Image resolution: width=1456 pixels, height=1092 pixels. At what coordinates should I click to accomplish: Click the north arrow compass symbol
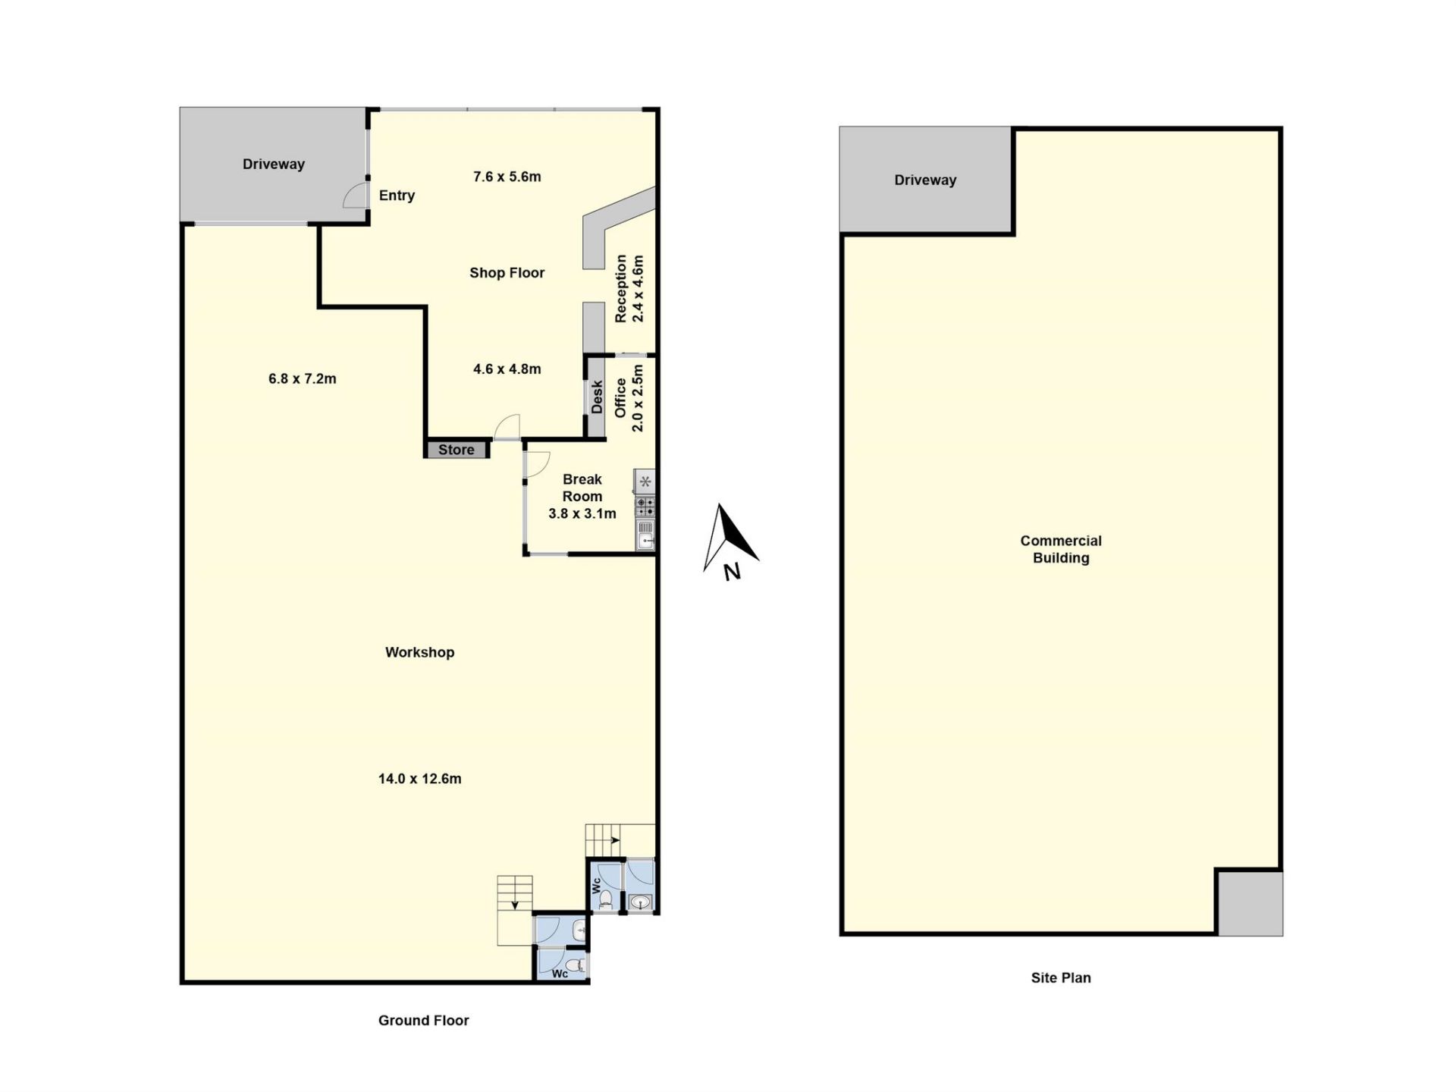(x=730, y=541)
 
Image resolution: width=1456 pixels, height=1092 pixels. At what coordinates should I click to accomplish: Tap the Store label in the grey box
(x=456, y=450)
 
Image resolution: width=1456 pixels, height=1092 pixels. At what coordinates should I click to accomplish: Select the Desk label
(x=597, y=397)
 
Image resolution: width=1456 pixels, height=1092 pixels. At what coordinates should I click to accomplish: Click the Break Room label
(x=582, y=488)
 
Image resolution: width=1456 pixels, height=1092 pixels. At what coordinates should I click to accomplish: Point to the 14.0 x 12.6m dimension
(x=420, y=779)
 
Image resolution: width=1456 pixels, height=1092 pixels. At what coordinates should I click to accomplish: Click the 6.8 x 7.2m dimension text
(x=303, y=378)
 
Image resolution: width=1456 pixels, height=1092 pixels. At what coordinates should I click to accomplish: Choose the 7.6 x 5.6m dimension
(x=507, y=177)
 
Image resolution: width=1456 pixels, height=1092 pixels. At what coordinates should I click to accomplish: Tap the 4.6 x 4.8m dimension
(x=507, y=369)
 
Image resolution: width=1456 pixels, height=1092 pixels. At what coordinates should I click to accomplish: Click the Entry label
(x=397, y=196)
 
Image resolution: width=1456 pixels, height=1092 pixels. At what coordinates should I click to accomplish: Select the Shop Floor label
(x=507, y=273)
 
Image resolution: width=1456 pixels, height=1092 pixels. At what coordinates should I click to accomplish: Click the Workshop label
(x=420, y=652)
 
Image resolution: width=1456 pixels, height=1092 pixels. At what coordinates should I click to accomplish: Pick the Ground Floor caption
(x=424, y=1021)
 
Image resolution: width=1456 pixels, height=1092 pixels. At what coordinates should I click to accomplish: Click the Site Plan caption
(x=1061, y=978)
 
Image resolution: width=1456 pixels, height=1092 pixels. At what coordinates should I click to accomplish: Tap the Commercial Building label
(x=1061, y=549)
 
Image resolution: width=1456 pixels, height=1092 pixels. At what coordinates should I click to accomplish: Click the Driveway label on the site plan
(x=925, y=180)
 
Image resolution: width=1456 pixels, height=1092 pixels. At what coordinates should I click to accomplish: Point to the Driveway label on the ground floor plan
(x=274, y=165)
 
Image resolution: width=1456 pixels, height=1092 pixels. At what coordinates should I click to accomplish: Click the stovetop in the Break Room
(x=645, y=507)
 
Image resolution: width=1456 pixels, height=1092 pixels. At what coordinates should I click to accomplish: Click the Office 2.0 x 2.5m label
(x=629, y=398)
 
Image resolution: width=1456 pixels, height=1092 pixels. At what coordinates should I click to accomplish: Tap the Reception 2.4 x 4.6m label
(x=629, y=288)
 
